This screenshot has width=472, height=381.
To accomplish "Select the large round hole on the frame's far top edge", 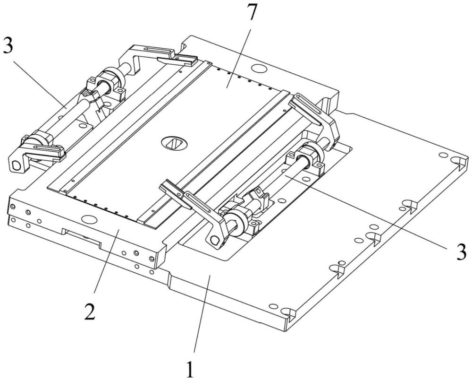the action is (x=259, y=69).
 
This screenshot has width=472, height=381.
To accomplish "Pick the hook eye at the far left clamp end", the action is (x=16, y=165).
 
